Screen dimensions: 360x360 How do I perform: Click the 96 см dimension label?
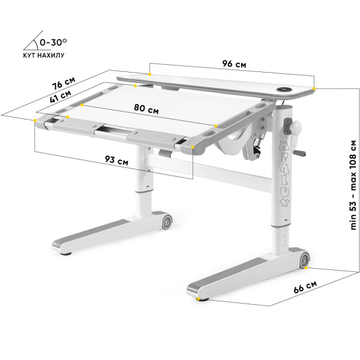234,64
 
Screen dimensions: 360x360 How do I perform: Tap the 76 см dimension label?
64,83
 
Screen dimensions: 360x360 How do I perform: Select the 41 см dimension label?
61,97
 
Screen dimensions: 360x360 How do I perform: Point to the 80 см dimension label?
146,109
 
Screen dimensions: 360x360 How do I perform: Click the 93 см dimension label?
116,160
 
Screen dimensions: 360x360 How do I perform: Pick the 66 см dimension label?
305,287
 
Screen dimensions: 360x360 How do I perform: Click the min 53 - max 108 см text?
353,185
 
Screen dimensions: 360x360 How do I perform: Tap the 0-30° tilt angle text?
53,42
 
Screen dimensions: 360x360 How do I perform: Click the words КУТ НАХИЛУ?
44,55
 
